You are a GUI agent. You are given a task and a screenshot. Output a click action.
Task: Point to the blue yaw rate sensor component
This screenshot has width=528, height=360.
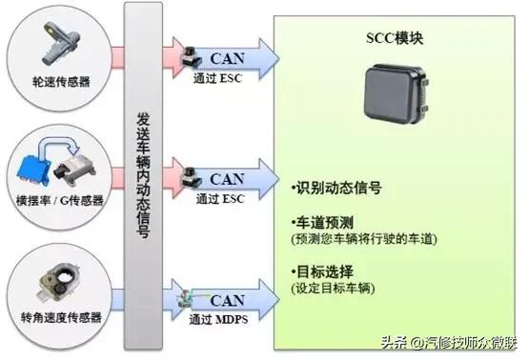[x=39, y=161]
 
